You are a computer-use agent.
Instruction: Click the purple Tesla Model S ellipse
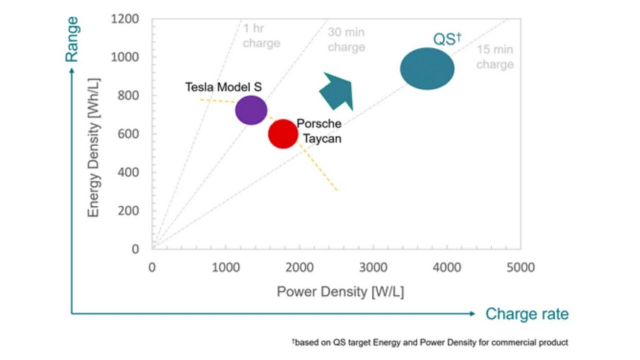pos(251,110)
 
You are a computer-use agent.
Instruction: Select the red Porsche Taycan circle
pos(283,134)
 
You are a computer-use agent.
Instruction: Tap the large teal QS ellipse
pos(427,69)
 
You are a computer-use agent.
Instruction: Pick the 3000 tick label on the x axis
pos(373,268)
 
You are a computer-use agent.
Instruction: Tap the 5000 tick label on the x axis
pos(520,268)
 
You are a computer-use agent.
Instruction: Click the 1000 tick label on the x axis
pos(226,268)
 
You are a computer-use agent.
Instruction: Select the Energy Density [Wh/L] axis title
pos(94,147)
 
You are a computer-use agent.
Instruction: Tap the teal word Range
pos(72,39)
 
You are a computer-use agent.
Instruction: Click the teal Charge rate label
pos(527,314)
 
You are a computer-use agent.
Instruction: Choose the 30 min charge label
pos(346,40)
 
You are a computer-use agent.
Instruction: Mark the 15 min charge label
pos(495,57)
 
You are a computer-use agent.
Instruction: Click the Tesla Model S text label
pos(223,87)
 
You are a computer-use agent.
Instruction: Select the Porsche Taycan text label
pos(319,131)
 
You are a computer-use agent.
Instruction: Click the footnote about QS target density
pos(430,343)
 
